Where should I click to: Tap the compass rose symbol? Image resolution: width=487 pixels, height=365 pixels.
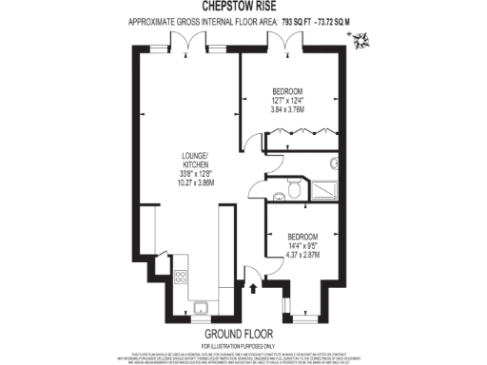pos(360,41)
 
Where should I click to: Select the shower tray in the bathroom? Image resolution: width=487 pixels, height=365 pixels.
pos(327,188)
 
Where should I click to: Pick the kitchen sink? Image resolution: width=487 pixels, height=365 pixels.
pos(201,306)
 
